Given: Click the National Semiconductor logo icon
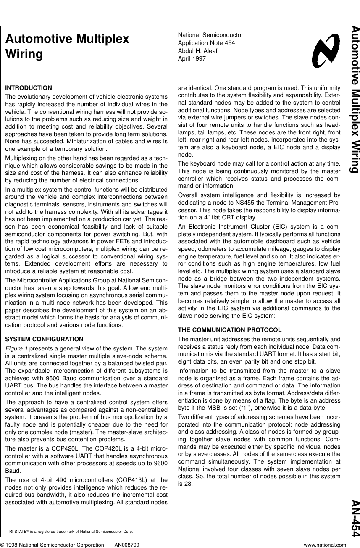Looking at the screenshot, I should [326, 51].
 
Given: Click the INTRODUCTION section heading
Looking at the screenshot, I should [28, 88].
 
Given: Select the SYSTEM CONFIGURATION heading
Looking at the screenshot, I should [44, 339].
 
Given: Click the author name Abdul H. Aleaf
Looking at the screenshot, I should [198, 51].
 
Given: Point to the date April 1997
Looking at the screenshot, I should [192, 58].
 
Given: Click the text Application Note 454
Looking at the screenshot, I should [206, 43].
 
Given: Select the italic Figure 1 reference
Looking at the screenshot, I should [16, 348].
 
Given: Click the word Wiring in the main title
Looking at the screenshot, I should [24, 55].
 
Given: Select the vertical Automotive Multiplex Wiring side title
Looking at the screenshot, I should [354, 99].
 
